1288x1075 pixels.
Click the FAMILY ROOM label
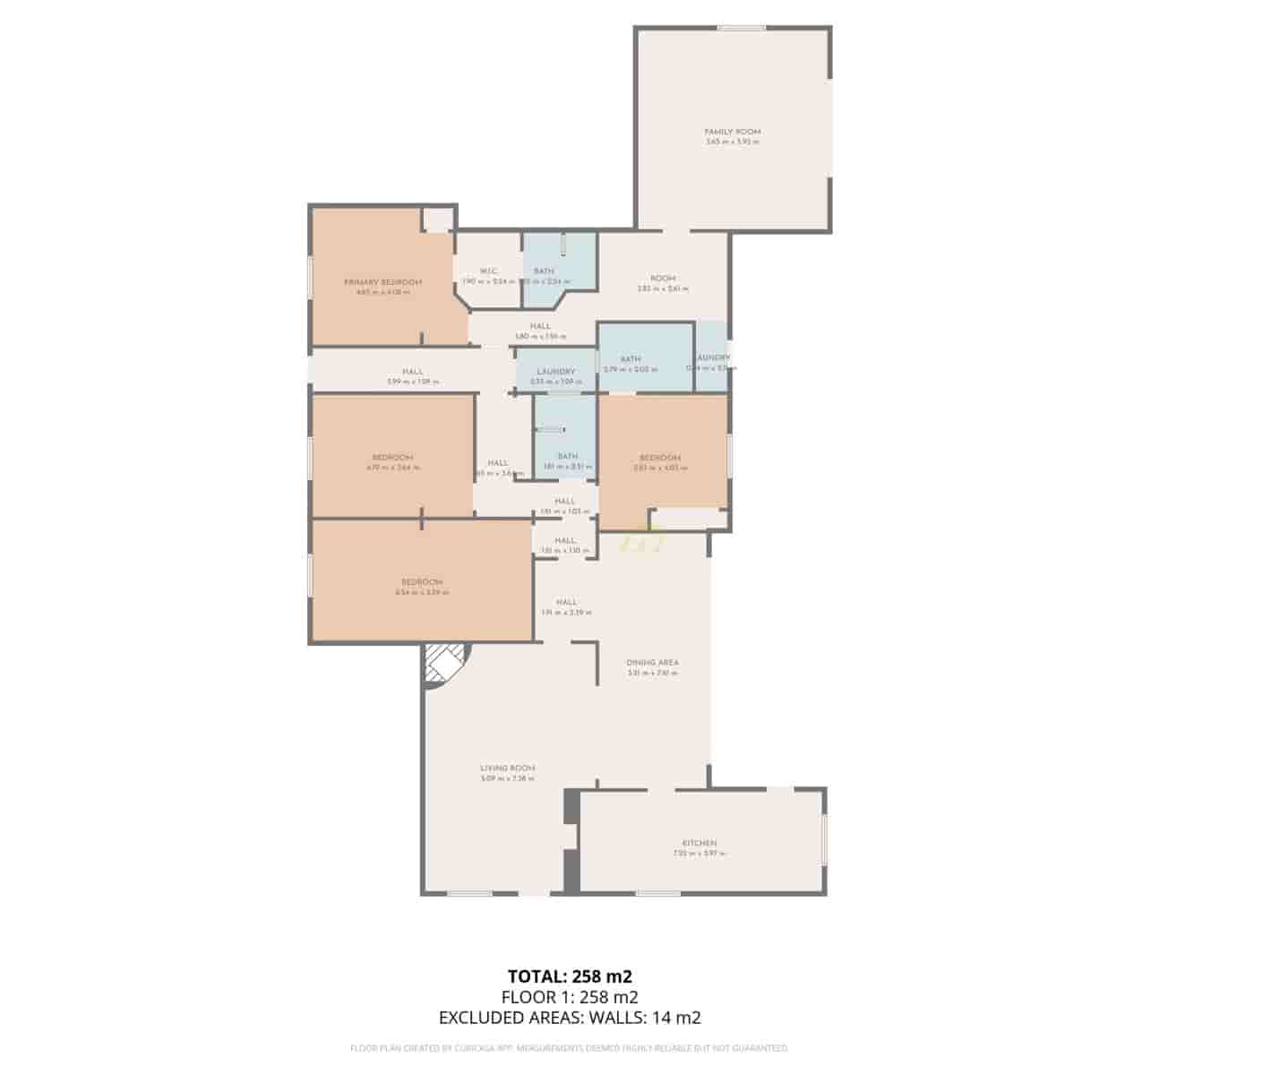732,132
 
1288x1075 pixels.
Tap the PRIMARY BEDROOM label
382,282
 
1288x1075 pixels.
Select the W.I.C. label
488,271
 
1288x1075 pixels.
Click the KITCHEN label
699,843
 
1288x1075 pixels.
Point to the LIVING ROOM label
507,768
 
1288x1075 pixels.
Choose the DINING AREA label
652,663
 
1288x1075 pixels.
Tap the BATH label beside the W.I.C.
544,271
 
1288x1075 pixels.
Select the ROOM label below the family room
663,279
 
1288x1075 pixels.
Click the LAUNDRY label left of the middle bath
555,372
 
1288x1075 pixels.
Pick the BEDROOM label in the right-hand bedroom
660,458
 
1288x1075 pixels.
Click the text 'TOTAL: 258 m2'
570,976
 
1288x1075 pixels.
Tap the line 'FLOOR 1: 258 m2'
570,997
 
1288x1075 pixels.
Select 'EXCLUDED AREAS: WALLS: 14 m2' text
570,1018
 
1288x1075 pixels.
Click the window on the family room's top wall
742,29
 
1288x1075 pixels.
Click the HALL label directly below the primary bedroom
412,372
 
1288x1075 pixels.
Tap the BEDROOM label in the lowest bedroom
422,582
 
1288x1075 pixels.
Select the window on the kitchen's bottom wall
657,892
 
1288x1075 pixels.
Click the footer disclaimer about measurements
570,1047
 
